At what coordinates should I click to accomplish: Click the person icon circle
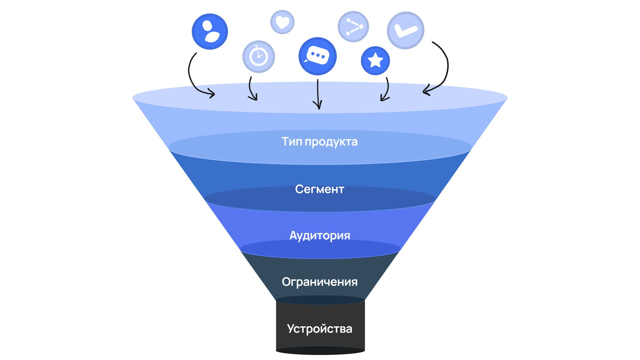(x=210, y=32)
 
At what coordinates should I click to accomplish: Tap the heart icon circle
(x=282, y=22)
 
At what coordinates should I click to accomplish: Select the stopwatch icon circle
(x=258, y=57)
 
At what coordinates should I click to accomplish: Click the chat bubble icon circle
(x=317, y=56)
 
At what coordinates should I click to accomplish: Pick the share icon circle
(x=353, y=27)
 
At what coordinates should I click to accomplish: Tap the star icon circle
(x=375, y=61)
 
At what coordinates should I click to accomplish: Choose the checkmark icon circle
(x=405, y=30)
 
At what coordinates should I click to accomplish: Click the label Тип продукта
(x=319, y=142)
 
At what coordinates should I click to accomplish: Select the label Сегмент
(x=319, y=189)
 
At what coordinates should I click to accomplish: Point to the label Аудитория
(x=319, y=236)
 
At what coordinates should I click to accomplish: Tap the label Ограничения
(x=319, y=282)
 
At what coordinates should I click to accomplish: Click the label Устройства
(x=319, y=329)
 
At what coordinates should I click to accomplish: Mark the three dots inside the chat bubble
(x=318, y=56)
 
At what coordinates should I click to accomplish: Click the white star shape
(x=375, y=60)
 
